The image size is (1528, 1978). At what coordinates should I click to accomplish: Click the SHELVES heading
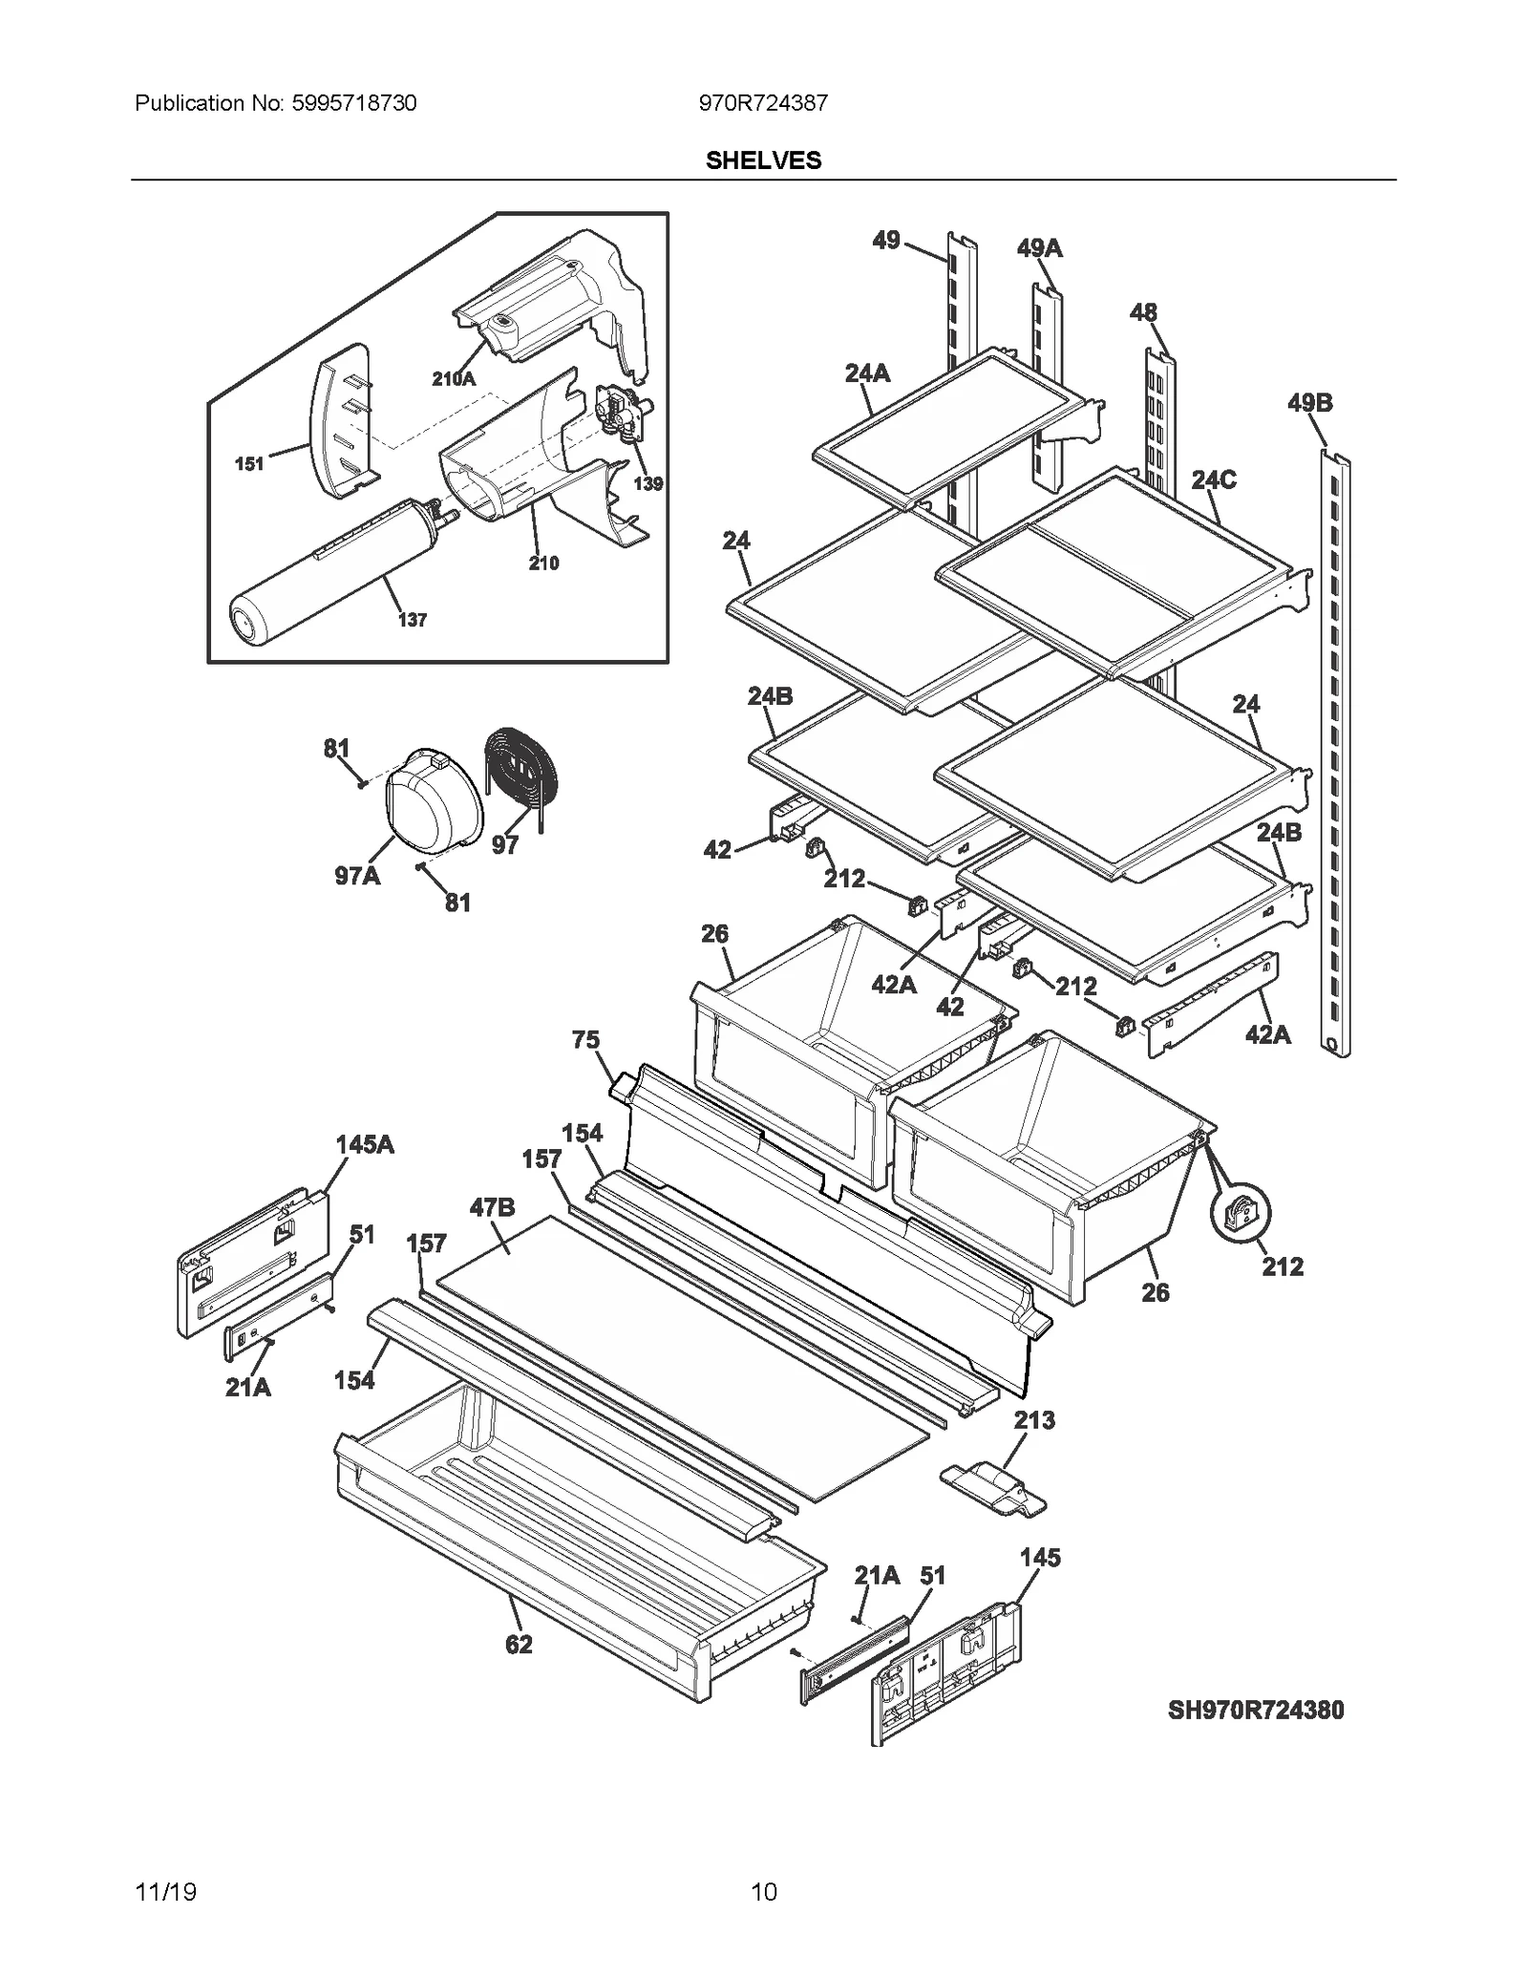click(x=763, y=160)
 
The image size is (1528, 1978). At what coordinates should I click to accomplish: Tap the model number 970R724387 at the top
click(x=763, y=103)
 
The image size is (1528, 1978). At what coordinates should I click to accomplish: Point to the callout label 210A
click(x=453, y=379)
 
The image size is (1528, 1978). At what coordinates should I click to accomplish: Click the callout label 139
click(x=647, y=483)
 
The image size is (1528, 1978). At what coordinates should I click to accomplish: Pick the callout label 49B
click(x=1309, y=403)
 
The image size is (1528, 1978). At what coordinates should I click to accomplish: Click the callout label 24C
click(x=1213, y=479)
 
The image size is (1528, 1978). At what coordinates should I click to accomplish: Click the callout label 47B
click(x=492, y=1208)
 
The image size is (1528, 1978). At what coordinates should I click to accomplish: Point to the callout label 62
click(x=519, y=1645)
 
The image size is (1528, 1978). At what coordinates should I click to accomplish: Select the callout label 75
click(x=585, y=1039)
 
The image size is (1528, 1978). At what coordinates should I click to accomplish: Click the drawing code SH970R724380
click(x=1255, y=1710)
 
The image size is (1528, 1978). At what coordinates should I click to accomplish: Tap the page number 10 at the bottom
click(x=763, y=1891)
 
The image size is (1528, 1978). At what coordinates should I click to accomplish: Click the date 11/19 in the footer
click(x=166, y=1891)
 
